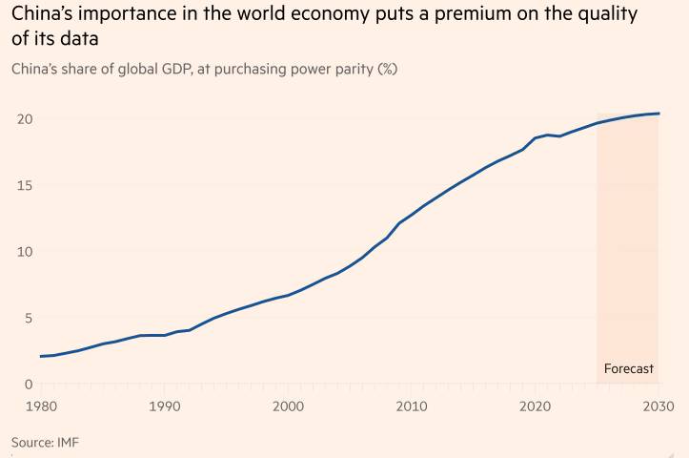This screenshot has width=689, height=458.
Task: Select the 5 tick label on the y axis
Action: [29, 318]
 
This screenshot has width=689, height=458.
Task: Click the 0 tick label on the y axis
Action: [29, 384]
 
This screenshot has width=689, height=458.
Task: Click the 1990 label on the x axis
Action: [165, 406]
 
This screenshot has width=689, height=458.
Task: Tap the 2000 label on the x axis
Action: [289, 406]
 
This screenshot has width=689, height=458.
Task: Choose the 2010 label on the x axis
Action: [412, 406]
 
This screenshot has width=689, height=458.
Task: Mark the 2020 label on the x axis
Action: [535, 406]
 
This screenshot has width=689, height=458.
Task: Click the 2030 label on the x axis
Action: [657, 406]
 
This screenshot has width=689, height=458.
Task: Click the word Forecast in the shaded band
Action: [629, 368]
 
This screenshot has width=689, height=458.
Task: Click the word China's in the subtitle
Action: [35, 69]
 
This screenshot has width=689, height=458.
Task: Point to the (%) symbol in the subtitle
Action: [387, 69]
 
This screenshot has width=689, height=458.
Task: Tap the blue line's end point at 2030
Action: [658, 114]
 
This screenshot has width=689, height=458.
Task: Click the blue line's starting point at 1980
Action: [41, 356]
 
